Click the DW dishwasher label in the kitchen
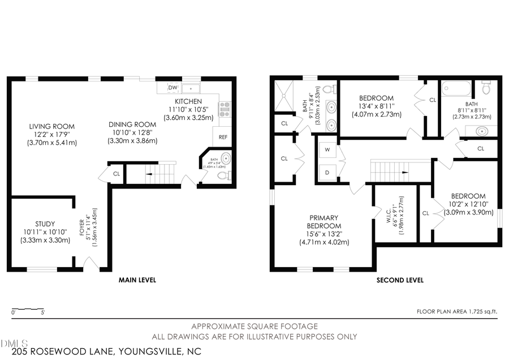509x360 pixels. (x=173, y=88)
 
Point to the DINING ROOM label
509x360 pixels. (x=132, y=125)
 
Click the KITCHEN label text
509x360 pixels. (x=188, y=101)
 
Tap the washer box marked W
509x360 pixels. (x=327, y=151)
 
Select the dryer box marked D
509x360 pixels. (x=327, y=170)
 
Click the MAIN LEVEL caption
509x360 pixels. (x=137, y=280)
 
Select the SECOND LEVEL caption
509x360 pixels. (x=400, y=280)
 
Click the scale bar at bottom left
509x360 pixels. (x=28, y=310)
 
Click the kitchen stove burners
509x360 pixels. (x=225, y=108)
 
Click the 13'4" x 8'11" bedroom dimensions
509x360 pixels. (x=376, y=106)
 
